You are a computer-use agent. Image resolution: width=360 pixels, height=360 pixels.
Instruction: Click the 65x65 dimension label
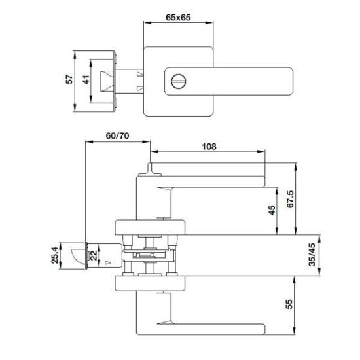click(x=178, y=18)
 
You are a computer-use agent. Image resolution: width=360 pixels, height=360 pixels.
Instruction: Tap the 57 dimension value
click(x=69, y=79)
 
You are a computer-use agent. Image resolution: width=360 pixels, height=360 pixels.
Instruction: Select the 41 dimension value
click(x=86, y=80)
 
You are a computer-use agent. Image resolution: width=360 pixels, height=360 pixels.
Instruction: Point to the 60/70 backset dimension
click(x=117, y=135)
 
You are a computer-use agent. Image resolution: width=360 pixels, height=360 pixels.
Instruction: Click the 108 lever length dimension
click(x=209, y=147)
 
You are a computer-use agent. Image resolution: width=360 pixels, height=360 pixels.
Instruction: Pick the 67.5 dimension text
click(x=290, y=199)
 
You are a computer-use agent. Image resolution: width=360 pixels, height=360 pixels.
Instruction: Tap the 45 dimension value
click(x=272, y=210)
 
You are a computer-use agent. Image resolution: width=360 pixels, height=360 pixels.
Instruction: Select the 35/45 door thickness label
click(x=312, y=255)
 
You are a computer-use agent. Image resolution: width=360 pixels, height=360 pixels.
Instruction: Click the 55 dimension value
click(x=289, y=304)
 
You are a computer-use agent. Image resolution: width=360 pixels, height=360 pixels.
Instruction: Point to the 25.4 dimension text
click(x=55, y=255)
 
